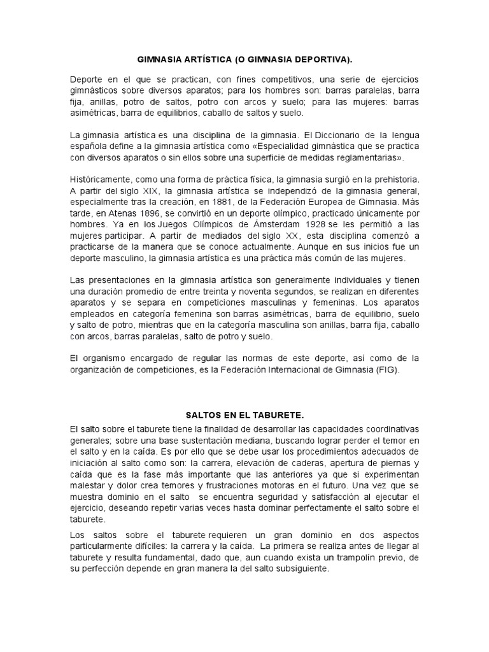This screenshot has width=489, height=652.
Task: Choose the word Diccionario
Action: (x=330, y=136)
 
